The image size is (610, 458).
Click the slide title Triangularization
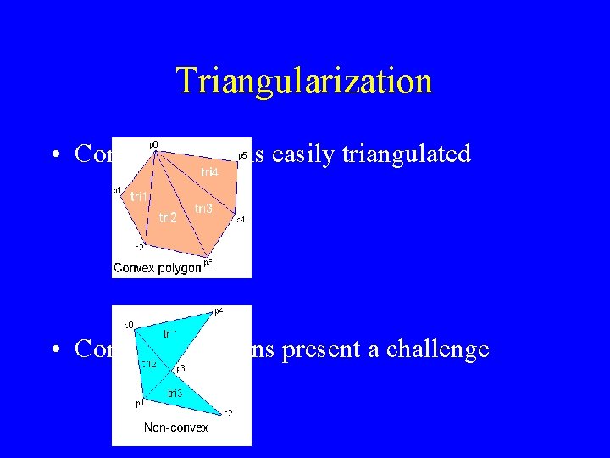click(304, 81)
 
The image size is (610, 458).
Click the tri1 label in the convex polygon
click(140, 197)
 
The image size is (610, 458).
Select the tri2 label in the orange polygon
click(168, 218)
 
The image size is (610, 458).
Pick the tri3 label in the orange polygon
click(203, 209)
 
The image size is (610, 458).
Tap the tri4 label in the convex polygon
click(209, 172)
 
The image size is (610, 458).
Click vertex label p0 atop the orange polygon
click(153, 145)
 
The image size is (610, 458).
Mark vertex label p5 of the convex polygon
click(208, 261)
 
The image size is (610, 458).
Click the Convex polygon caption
click(158, 268)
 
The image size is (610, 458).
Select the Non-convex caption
click(176, 427)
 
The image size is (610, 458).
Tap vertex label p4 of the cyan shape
click(219, 311)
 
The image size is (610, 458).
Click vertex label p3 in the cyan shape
click(180, 368)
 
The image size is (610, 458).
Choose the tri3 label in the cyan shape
click(175, 393)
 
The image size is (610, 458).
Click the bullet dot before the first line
click(53, 155)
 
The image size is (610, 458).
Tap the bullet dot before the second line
click(53, 350)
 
